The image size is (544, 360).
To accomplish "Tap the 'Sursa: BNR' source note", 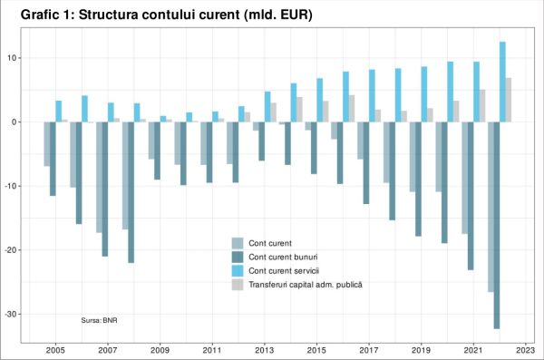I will point(101,320).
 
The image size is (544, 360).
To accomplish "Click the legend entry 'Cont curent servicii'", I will point(283,270).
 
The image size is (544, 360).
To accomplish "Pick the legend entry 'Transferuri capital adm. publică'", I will point(306,285).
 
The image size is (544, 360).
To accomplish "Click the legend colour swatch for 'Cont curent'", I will point(238,242).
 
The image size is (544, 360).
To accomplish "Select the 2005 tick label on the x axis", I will point(55,349).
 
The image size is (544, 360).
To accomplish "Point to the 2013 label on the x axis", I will point(265,349).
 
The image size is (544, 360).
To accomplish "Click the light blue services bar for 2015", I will point(319,100).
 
